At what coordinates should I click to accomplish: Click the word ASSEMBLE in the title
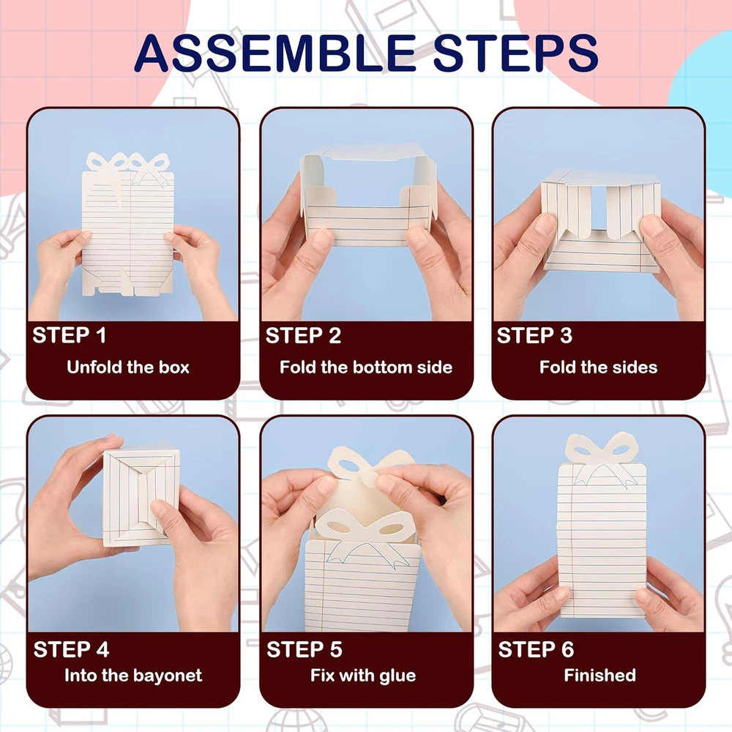(274, 53)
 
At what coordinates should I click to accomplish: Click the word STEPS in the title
(515, 53)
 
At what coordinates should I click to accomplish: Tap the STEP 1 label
(69, 335)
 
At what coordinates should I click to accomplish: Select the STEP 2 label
(303, 335)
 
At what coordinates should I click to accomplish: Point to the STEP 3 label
(534, 335)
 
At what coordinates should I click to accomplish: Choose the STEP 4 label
(71, 649)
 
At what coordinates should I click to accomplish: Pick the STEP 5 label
(304, 649)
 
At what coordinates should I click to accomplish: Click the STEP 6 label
(536, 649)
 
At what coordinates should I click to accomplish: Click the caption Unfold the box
(128, 367)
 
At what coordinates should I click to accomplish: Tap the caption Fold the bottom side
(366, 367)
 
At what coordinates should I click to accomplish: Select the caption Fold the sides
(598, 367)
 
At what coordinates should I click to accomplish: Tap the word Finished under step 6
(600, 675)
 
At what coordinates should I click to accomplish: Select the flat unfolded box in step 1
(128, 224)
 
